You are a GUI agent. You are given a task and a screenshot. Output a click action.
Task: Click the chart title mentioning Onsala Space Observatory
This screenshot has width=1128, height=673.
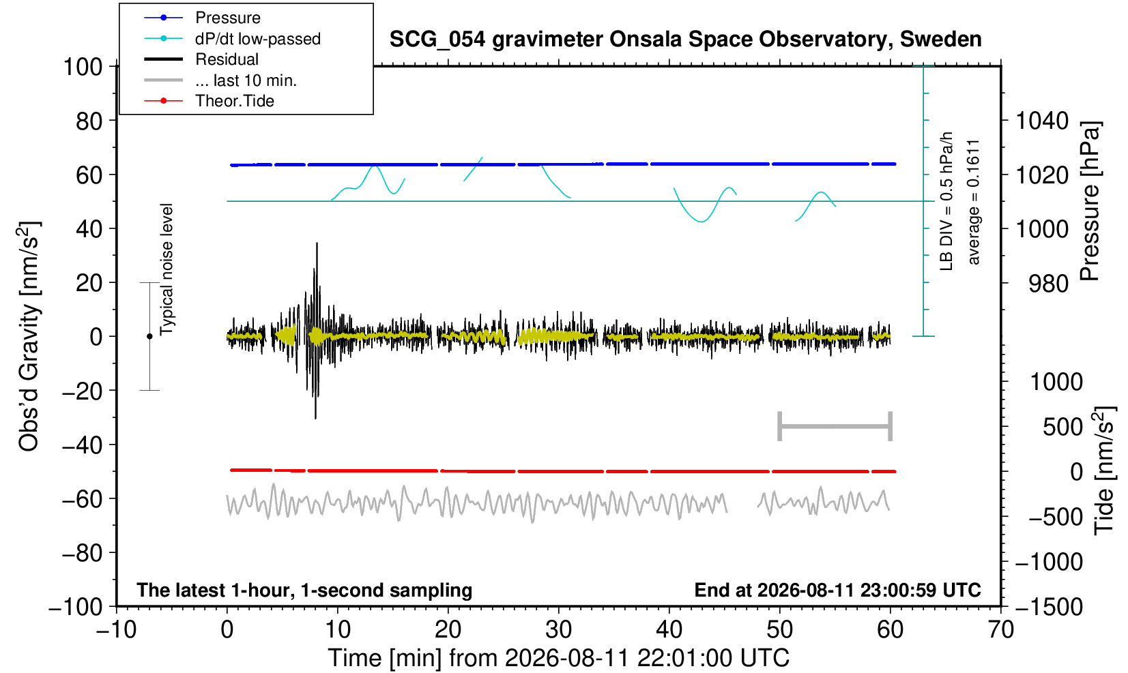click(x=685, y=40)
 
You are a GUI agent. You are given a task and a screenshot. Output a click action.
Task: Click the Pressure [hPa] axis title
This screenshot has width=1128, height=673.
click(x=1089, y=201)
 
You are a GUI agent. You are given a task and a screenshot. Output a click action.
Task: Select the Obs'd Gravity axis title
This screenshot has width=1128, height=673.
click(x=28, y=336)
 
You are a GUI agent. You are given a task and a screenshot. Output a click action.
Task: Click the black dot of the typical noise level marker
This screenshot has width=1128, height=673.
click(x=149, y=336)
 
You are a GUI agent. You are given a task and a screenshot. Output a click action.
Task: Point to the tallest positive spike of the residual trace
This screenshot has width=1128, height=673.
click(x=317, y=243)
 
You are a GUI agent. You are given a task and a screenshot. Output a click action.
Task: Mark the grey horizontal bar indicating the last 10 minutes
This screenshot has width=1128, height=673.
click(x=835, y=426)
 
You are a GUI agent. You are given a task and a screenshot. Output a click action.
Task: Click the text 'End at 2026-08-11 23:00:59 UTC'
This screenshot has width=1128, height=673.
click(x=837, y=590)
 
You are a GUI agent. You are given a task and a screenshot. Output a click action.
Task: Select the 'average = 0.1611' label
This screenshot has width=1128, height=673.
click(x=974, y=202)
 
